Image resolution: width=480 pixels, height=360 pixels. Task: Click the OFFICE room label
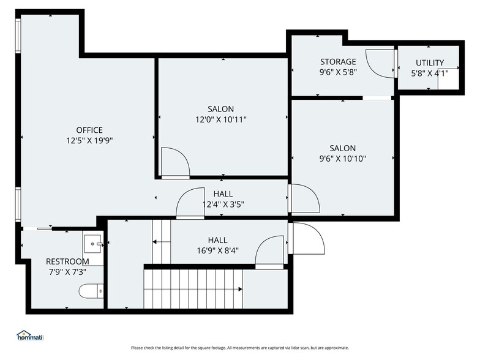(89, 130)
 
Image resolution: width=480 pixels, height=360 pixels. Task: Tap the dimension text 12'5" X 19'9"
(89, 140)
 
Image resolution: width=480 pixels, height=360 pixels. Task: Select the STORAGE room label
(338, 62)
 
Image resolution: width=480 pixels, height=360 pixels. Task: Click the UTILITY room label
(430, 63)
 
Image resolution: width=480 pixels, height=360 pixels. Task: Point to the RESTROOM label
(67, 261)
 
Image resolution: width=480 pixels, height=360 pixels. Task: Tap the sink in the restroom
(94, 243)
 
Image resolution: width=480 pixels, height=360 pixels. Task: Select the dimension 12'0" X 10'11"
(220, 120)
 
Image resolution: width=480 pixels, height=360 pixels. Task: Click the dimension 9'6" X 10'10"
(342, 159)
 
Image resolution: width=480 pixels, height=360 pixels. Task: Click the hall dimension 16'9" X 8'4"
(217, 250)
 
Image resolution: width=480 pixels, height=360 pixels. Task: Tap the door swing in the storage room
(381, 63)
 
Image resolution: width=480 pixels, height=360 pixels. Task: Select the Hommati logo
(31, 336)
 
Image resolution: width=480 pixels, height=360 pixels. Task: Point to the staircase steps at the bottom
(193, 290)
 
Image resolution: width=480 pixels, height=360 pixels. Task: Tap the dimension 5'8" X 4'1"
(430, 73)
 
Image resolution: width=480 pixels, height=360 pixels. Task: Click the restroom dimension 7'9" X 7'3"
(67, 271)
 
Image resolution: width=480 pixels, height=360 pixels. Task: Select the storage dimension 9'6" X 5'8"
(338, 72)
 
